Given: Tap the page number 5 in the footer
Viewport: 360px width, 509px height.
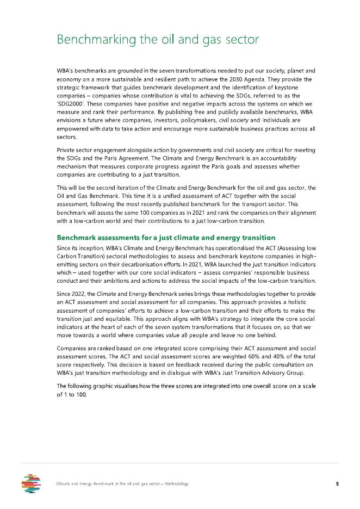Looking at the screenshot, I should (x=337, y=483).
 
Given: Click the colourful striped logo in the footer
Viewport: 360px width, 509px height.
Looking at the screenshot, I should (x=31, y=483).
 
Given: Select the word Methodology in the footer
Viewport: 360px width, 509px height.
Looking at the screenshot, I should (x=177, y=483).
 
